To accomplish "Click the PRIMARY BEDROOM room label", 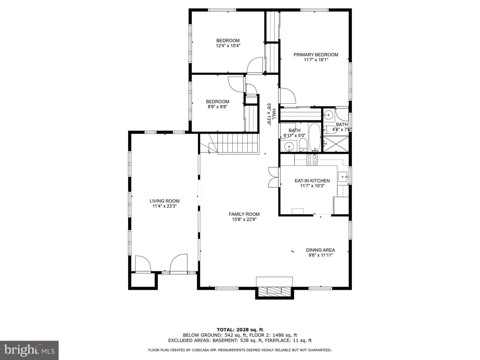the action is [316, 55].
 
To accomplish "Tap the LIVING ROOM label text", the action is [164, 201].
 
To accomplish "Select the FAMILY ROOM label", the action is [244, 214].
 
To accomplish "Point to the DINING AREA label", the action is [320, 250].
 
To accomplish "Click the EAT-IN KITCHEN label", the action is [312, 181].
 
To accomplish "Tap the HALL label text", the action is [274, 114].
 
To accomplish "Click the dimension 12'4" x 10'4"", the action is [228, 46].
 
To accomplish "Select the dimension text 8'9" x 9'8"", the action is [217, 107].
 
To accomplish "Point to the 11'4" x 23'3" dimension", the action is [164, 206].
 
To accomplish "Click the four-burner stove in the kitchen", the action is [312, 160].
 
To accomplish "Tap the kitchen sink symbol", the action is [343, 177].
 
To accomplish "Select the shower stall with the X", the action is [336, 144].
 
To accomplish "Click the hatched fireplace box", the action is [274, 292].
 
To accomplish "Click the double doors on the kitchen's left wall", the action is [274, 177].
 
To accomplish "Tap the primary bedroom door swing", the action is [288, 96].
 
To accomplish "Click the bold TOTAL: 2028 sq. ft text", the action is [240, 330].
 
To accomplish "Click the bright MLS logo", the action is [29, 350].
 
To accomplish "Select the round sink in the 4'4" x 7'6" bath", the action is [328, 114].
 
